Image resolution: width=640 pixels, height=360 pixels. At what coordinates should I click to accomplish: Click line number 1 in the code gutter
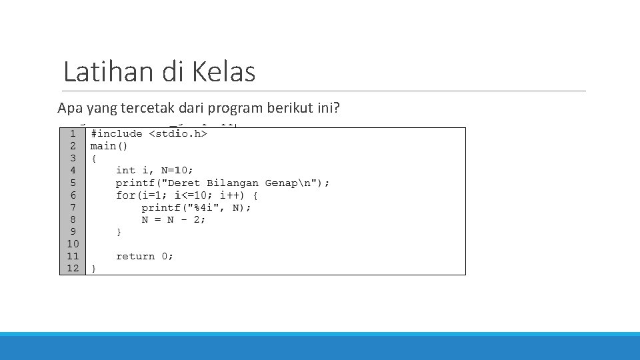73,134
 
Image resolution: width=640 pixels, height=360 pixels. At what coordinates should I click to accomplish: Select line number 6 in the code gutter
73,195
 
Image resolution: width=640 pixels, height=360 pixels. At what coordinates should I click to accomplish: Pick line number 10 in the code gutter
73,244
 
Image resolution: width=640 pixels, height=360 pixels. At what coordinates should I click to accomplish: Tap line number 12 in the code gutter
73,269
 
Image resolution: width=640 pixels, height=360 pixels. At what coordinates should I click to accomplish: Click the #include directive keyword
116,134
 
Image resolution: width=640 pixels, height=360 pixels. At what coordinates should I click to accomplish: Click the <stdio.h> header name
178,134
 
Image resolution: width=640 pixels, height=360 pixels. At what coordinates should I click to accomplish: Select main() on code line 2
109,146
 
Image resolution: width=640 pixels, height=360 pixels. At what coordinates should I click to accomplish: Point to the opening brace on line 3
94,159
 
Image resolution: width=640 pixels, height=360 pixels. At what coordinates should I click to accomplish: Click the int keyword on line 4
125,171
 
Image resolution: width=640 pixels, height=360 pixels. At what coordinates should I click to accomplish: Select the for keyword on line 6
125,195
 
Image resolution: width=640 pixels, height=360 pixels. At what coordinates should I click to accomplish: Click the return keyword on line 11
135,257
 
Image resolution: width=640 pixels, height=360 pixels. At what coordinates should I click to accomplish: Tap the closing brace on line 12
94,269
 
